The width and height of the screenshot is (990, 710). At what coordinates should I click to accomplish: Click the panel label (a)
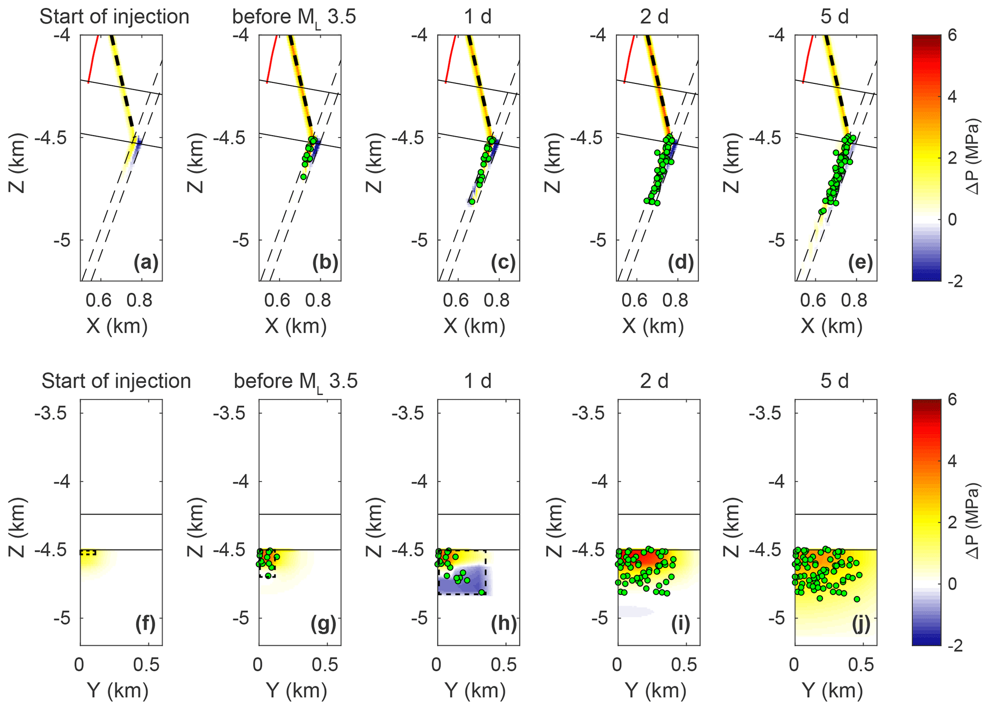click(x=146, y=263)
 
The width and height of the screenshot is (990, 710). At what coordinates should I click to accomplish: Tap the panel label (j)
click(x=861, y=624)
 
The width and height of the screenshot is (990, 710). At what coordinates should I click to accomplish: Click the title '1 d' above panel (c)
click(x=478, y=17)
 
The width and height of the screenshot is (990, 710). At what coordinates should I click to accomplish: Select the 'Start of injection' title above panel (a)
click(x=114, y=17)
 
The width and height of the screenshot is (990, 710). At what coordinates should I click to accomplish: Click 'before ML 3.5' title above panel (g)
click(x=296, y=382)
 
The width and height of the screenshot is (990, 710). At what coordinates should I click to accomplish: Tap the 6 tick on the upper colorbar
click(x=952, y=36)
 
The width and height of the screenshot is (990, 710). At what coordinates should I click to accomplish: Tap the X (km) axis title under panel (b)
click(x=296, y=326)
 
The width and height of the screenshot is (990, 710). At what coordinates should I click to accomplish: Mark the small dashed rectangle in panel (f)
click(x=88, y=553)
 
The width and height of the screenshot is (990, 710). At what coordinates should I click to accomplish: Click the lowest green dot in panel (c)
click(x=472, y=202)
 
